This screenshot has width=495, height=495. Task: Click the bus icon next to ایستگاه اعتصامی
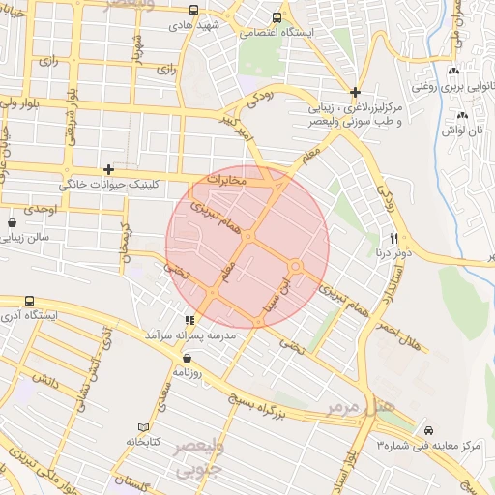pyautogui.click(x=277, y=18)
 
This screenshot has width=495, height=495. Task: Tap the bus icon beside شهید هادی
pyautogui.click(x=193, y=11)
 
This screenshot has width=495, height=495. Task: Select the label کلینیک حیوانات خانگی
pyautogui.click(x=114, y=183)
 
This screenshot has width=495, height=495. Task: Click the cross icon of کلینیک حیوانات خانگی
pyautogui.click(x=108, y=168)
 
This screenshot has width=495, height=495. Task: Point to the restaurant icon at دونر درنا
pyautogui.click(x=393, y=238)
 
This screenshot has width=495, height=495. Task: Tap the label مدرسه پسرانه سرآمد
pyautogui.click(x=189, y=334)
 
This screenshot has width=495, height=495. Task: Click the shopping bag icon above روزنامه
pyautogui.click(x=186, y=357)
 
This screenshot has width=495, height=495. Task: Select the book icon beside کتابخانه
pyautogui.click(x=144, y=426)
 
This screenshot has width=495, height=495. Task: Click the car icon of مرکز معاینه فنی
pyautogui.click(x=428, y=430)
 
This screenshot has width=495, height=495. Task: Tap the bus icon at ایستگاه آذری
pyautogui.click(x=29, y=302)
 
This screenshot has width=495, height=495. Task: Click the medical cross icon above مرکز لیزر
pyautogui.click(x=356, y=91)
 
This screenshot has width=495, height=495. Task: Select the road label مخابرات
pyautogui.click(x=229, y=180)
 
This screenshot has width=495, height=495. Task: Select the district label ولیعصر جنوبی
pyautogui.click(x=198, y=456)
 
